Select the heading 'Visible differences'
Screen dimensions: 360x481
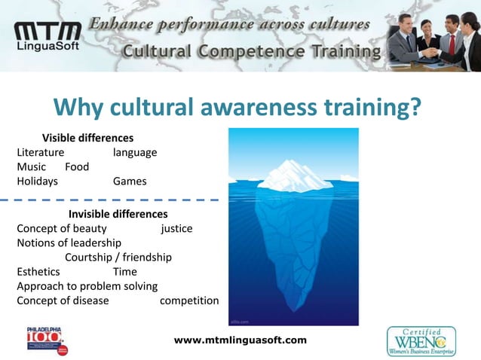87,138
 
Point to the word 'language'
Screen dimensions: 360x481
135,152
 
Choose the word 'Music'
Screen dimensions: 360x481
31,166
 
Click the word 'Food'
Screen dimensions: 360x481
77,166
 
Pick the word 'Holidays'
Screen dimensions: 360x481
37,181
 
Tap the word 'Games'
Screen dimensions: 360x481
130,181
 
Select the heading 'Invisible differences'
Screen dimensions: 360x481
118,214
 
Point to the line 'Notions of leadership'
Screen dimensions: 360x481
69,243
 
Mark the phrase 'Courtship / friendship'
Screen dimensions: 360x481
118,257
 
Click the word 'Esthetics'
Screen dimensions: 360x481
38,271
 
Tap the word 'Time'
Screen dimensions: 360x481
124,271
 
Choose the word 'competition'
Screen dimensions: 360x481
189,301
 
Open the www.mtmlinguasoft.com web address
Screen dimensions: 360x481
240,340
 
